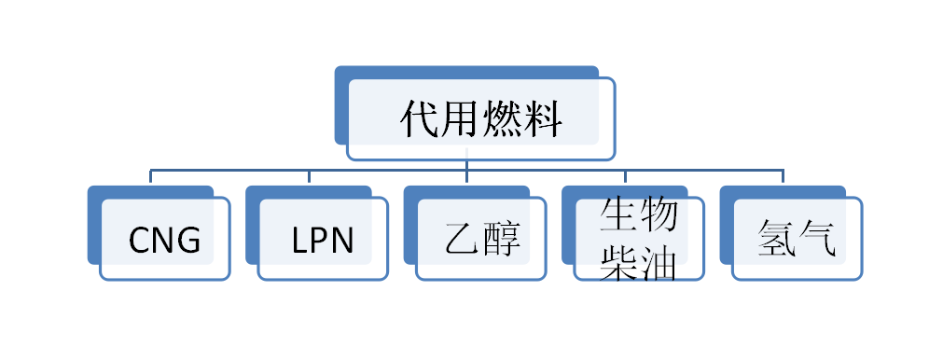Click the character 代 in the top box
point(420,119)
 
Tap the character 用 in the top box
point(461,119)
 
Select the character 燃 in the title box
point(502,119)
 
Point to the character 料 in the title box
point(543,119)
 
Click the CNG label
point(164,241)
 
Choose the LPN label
point(323,241)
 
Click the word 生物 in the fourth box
point(638,216)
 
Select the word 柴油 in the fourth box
point(638,262)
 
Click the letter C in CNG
point(139,241)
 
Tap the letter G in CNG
point(189,241)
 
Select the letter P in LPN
point(322,241)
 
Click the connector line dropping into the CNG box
point(151,177)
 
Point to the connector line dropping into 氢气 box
point(784,177)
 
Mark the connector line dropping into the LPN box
point(309,177)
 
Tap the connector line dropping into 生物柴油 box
point(625,177)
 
